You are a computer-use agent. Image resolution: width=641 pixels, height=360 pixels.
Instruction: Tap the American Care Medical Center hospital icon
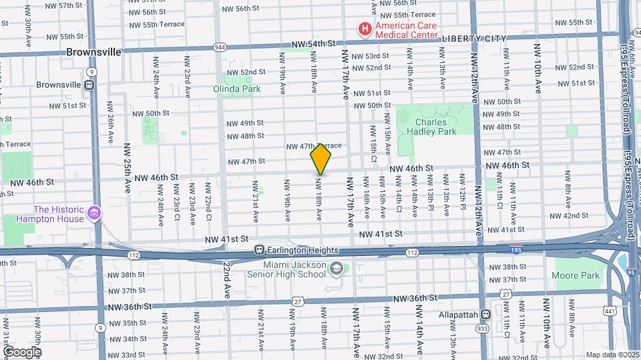tap(365, 29)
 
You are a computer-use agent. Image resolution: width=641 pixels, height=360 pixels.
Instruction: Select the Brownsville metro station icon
tap(90, 85)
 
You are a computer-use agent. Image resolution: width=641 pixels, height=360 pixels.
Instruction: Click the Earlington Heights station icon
tap(259, 250)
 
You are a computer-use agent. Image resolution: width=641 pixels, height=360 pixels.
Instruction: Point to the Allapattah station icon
tap(485, 314)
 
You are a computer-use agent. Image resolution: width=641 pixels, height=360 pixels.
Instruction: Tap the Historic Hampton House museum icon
tap(94, 213)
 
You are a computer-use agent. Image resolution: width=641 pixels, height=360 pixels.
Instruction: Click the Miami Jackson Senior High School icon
tap(337, 267)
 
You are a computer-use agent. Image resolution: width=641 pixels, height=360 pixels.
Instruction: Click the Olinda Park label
tap(233, 88)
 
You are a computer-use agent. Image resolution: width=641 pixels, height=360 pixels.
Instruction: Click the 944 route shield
tap(220, 47)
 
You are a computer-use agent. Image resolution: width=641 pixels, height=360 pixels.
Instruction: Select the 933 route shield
tap(481, 329)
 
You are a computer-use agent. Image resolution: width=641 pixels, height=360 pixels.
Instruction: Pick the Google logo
tap(21, 352)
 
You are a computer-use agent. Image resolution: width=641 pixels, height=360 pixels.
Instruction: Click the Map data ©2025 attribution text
tap(612, 355)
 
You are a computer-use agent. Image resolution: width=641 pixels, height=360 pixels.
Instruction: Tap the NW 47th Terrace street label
tap(314, 146)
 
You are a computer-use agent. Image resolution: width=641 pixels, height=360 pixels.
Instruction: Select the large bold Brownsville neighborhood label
tap(93, 51)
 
